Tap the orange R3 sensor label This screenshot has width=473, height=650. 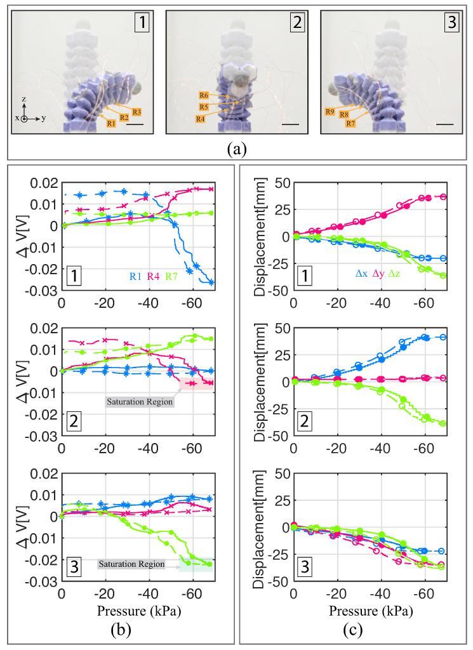click(137, 112)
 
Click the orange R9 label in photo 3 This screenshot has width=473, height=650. click(330, 111)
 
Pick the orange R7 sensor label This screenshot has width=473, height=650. click(350, 123)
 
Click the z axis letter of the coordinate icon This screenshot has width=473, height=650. click(23, 100)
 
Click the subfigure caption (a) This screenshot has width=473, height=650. click(237, 150)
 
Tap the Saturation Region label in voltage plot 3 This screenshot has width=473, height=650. click(131, 564)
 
